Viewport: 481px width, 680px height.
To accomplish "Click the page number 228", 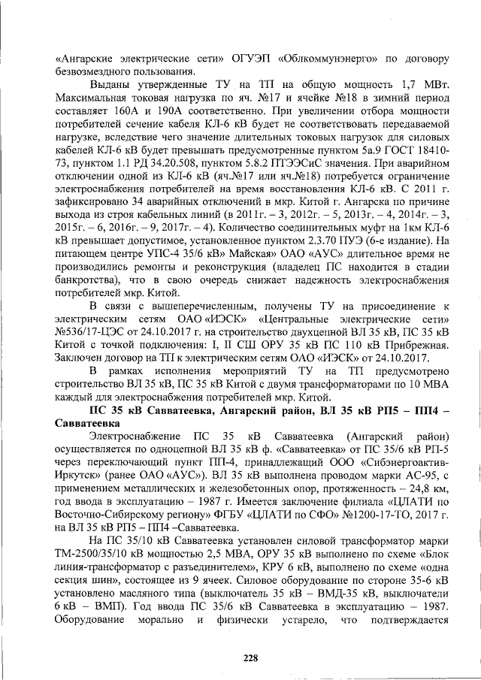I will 251,658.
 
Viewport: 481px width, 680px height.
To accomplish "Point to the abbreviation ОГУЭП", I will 256,57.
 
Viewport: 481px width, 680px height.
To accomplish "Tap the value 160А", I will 132,108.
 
